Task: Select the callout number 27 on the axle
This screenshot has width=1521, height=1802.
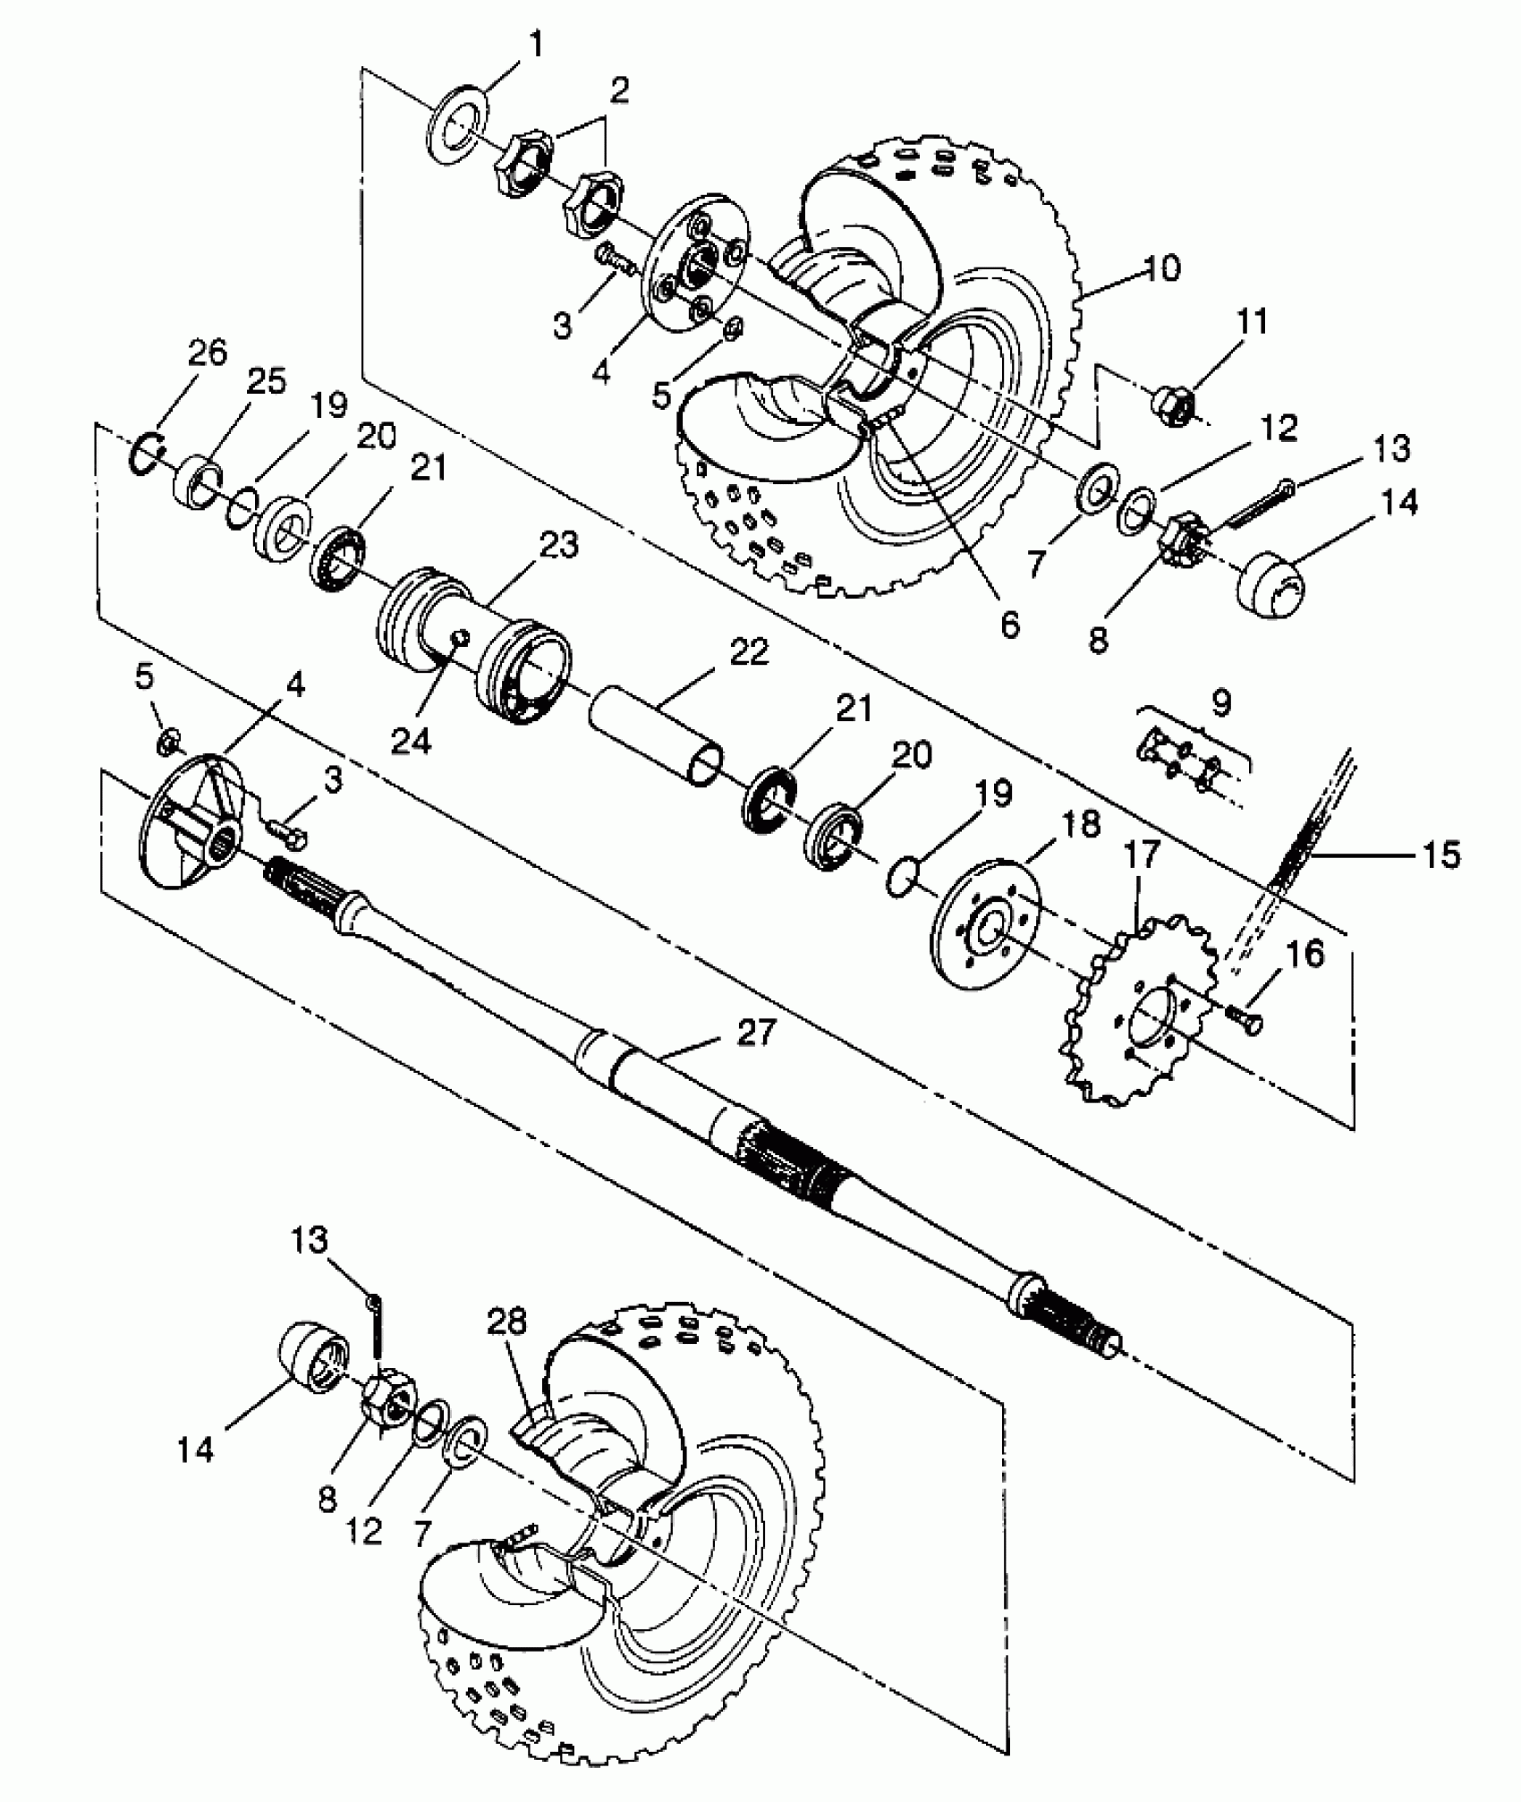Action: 757,1034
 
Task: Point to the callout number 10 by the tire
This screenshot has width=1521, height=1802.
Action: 1161,268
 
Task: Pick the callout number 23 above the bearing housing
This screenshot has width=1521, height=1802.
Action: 558,545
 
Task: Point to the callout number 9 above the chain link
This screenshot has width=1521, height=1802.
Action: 1220,702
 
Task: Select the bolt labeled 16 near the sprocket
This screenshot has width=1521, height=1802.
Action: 1245,1016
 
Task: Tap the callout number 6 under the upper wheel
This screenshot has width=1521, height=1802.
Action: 1008,625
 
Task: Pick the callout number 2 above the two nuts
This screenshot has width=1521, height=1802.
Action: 619,89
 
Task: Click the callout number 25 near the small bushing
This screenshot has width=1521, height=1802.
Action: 265,381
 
